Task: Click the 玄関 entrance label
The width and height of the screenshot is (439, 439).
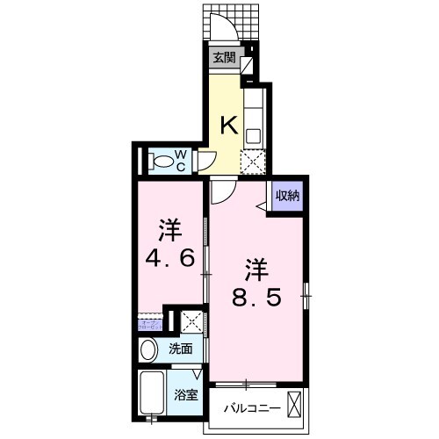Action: click(224, 59)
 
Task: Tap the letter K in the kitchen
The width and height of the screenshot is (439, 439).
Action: click(227, 125)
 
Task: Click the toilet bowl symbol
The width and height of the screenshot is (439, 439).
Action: click(160, 162)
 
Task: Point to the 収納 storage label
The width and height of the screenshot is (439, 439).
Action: click(288, 195)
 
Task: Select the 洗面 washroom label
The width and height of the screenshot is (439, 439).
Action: click(181, 349)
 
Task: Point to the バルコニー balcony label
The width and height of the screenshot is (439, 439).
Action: click(251, 409)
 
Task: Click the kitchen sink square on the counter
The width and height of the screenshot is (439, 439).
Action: click(253, 135)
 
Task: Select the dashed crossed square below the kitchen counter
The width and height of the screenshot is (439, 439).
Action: click(253, 162)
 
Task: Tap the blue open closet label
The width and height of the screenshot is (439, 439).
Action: click(148, 324)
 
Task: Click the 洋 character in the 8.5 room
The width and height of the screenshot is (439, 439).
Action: click(255, 266)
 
